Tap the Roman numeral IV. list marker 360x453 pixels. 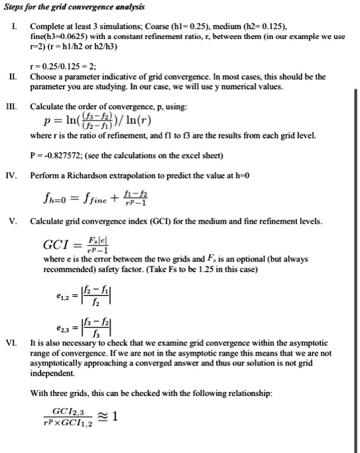(x=11, y=158)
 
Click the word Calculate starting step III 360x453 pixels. (x=48, y=105)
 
